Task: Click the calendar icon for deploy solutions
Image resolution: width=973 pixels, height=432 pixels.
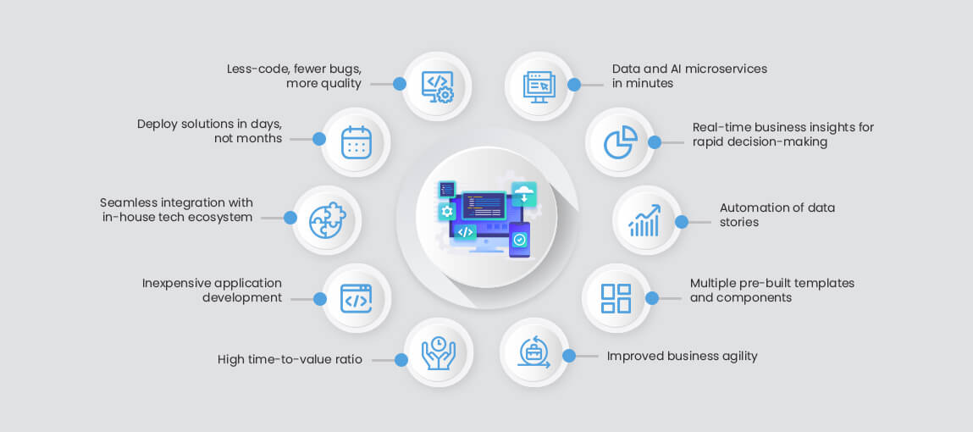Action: tap(357, 142)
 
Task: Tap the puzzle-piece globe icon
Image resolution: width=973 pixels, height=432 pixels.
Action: tap(327, 220)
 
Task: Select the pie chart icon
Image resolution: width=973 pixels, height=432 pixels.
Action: tap(621, 142)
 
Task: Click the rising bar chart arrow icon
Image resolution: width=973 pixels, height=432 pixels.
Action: tap(644, 221)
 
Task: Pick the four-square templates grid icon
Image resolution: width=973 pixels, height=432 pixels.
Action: tap(616, 298)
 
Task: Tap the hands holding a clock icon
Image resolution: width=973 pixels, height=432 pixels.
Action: tap(438, 352)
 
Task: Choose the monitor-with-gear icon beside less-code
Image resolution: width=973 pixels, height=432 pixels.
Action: tap(438, 86)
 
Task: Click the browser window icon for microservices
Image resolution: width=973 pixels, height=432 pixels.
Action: tap(538, 86)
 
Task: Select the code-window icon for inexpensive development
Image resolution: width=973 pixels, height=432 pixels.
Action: tap(357, 298)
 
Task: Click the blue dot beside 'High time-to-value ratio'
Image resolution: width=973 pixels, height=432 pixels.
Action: tap(401, 360)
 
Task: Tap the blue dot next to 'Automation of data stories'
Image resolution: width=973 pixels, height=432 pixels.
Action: tap(682, 222)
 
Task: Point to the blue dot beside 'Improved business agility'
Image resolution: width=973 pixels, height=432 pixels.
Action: tap(569, 356)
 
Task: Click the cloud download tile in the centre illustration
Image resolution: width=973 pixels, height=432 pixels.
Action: tap(523, 193)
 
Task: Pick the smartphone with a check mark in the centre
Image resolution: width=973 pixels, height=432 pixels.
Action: tap(520, 240)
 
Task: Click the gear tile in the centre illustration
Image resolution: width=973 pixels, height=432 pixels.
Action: tap(447, 212)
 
